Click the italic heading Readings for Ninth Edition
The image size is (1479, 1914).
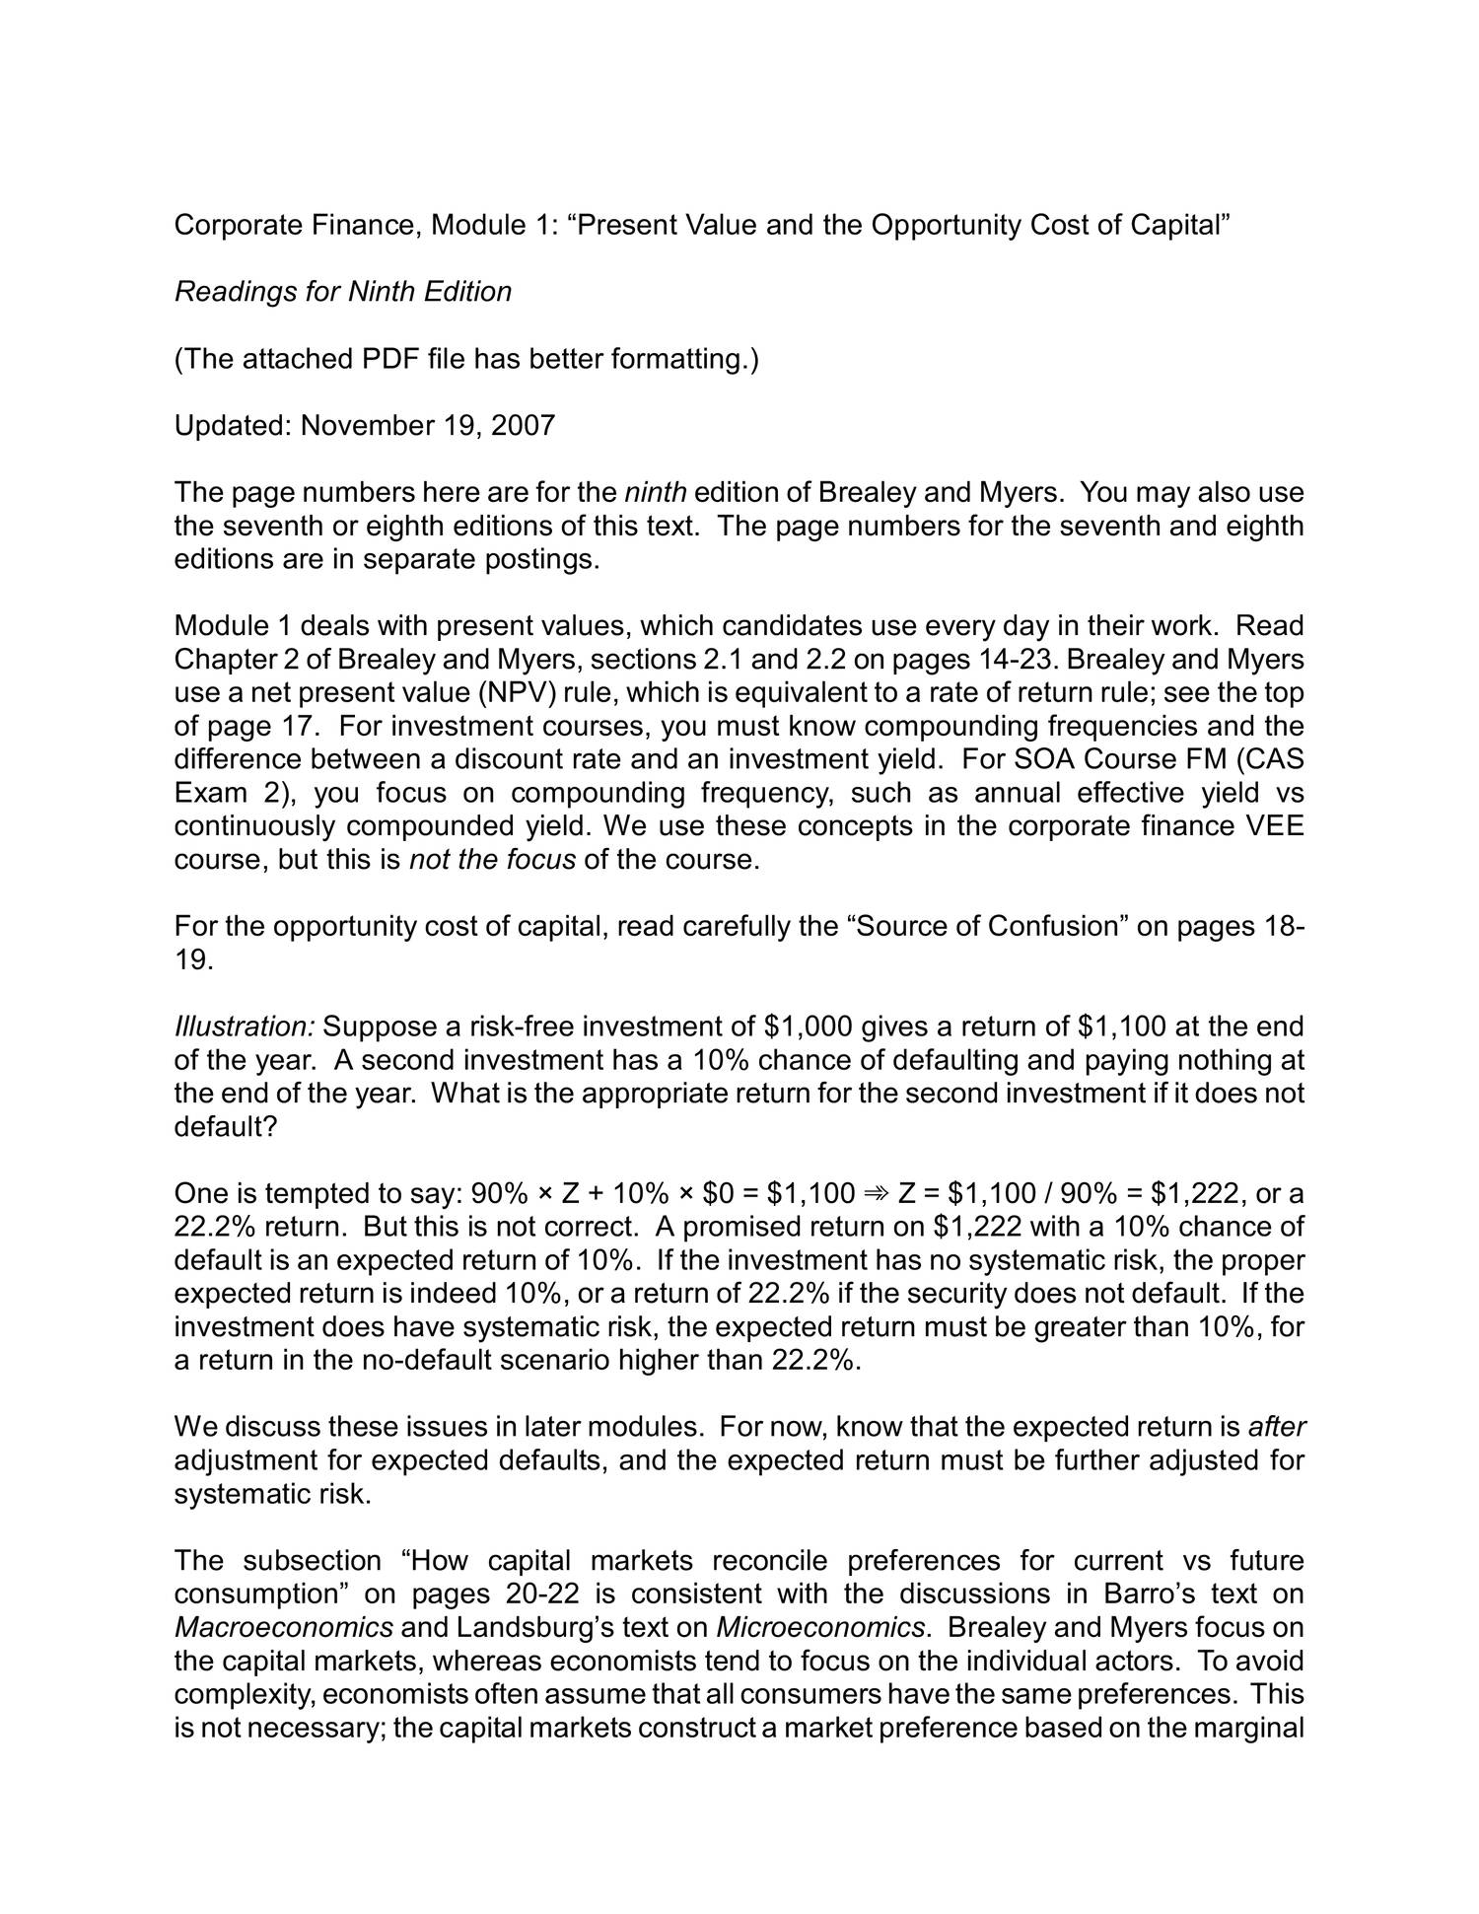342,292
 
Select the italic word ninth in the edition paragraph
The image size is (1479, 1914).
656,492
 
